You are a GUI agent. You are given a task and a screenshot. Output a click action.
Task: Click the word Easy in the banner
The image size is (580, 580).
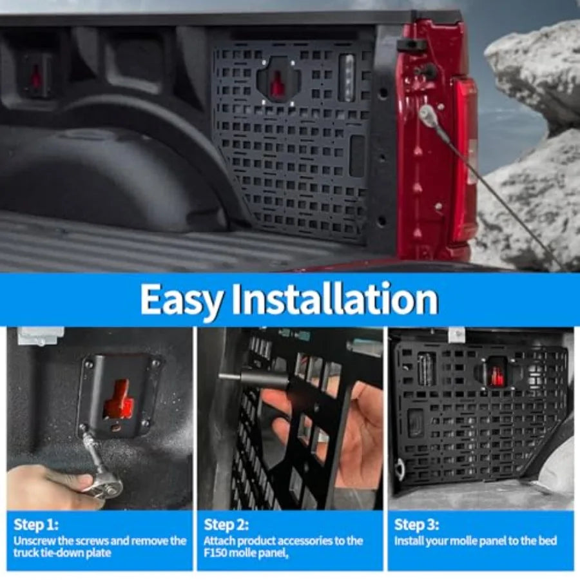[x=182, y=300]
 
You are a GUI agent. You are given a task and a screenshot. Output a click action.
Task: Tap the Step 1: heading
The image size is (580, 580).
[x=36, y=525]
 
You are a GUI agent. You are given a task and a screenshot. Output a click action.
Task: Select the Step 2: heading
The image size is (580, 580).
[x=226, y=525]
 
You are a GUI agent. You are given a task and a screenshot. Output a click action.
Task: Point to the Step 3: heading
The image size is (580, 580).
[x=416, y=525]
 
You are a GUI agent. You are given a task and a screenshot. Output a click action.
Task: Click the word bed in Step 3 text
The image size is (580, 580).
[x=548, y=541]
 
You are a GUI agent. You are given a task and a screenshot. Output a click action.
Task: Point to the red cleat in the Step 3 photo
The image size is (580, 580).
[x=496, y=374]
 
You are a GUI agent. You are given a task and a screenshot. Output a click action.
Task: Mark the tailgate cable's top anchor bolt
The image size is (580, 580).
[x=426, y=110]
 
